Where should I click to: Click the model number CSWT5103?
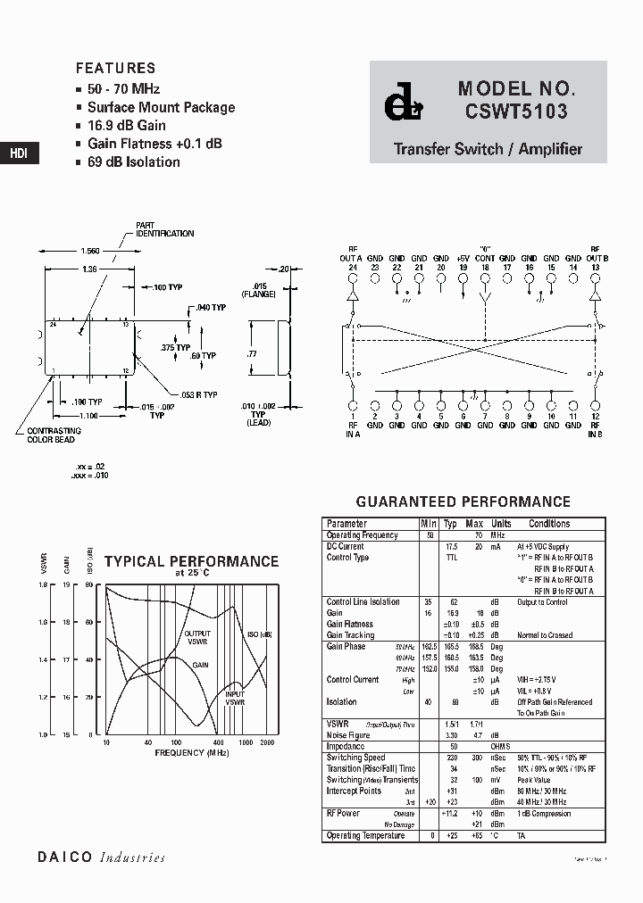pos(515,113)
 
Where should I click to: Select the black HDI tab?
pos(19,153)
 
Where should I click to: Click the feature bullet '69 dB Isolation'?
pos(133,162)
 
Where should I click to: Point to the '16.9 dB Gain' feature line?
pos(126,126)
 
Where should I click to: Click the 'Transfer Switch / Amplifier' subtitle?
pos(488,149)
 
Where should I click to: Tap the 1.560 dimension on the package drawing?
pos(91,251)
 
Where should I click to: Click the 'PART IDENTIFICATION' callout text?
pos(164,229)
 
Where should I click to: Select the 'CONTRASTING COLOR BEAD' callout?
pos(47,435)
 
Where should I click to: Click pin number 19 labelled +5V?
pos(463,267)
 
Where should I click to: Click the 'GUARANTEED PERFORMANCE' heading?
pos(463,502)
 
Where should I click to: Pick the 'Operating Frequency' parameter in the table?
pos(363,535)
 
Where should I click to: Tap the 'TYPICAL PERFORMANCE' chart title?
pos(191,562)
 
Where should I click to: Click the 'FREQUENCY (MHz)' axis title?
pos(191,753)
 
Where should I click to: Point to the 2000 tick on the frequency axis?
pos(267,742)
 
